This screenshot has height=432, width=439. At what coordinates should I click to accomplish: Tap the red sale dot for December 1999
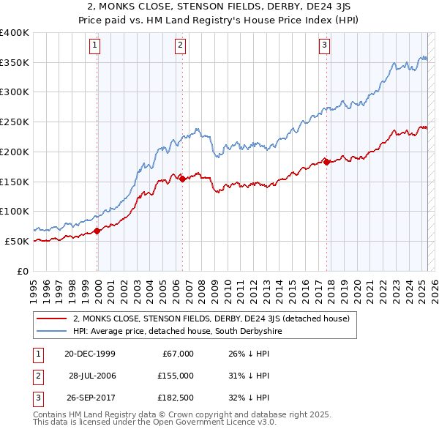[x=97, y=231]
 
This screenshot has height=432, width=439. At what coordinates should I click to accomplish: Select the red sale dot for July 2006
[x=182, y=178]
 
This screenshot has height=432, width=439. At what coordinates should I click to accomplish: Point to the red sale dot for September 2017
[x=327, y=162]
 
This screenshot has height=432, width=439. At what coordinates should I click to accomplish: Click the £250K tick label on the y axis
[x=15, y=122]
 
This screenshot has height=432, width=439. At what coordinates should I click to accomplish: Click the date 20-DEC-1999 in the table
[x=90, y=354]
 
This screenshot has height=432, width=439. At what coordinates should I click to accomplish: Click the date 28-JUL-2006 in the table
[x=94, y=376]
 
